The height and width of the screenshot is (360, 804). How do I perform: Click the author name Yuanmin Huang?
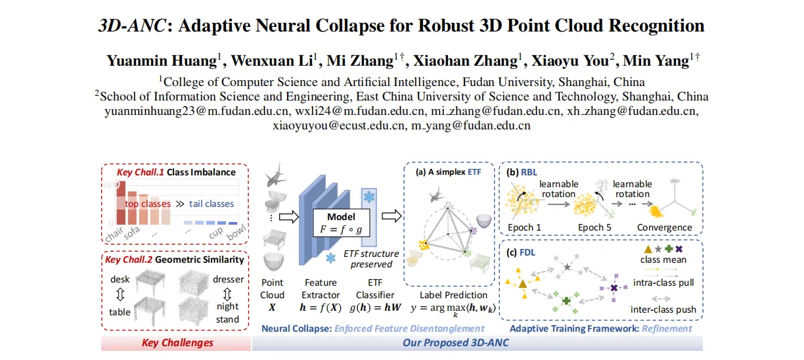162,60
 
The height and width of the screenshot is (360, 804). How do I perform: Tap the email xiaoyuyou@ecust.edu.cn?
338,125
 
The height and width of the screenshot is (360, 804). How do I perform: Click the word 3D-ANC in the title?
133,26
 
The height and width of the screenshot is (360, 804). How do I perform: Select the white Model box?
342,223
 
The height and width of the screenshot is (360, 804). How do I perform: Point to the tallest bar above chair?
121,203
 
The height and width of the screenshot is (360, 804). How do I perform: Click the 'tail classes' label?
212,204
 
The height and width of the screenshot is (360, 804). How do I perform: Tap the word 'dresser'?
229,279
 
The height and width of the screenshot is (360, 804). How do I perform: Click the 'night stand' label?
227,313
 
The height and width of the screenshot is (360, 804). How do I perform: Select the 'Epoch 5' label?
594,227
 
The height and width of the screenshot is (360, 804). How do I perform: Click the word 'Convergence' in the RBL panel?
664,227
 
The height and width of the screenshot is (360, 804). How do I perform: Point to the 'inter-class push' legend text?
663,309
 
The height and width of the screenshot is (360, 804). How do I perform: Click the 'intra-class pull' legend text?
663,283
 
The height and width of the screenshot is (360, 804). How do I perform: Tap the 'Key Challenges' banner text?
177,343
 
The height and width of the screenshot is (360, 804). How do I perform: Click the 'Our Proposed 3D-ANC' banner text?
455,343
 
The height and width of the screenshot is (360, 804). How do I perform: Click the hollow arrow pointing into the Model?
289,216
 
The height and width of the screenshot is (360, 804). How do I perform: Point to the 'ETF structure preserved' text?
371,259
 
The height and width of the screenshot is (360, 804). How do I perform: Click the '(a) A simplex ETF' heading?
448,172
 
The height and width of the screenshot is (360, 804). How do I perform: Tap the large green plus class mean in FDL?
566,301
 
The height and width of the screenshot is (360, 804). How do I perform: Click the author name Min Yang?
656,60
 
